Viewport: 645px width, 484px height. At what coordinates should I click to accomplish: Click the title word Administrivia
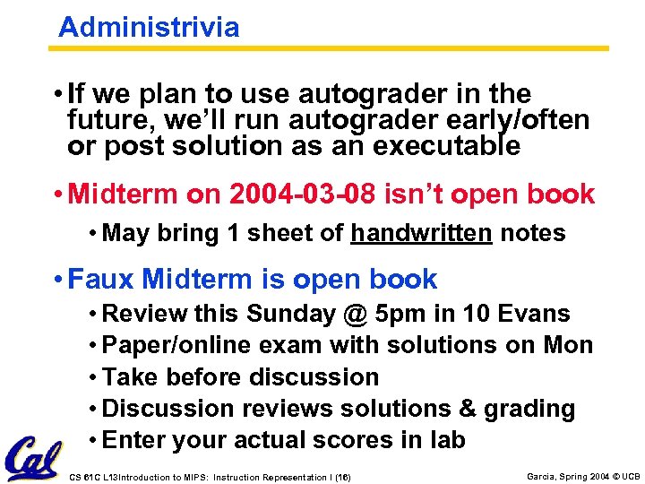[149, 27]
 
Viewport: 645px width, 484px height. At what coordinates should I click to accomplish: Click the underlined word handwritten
[421, 233]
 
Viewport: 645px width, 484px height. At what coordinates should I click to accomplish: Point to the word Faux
[101, 279]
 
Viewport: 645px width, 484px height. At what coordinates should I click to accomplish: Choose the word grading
[529, 409]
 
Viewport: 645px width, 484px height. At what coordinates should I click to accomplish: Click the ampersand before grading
[466, 409]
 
